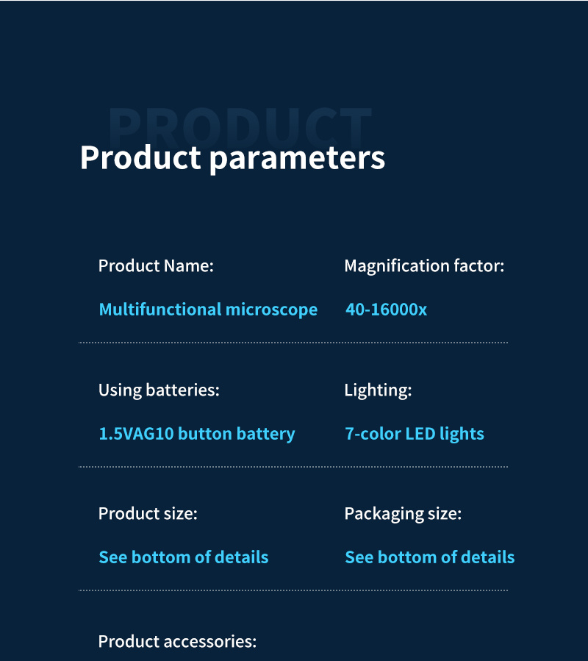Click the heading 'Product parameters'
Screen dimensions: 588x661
pyautogui.click(x=232, y=159)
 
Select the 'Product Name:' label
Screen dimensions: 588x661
pyautogui.click(x=156, y=266)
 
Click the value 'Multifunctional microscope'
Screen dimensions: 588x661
pyautogui.click(x=208, y=310)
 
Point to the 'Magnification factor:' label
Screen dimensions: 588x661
pyautogui.click(x=424, y=266)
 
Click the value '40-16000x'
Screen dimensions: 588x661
pyautogui.click(x=386, y=310)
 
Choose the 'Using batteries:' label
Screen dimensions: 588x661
pyautogui.click(x=159, y=390)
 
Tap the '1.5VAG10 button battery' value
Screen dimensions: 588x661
pyautogui.click(x=197, y=434)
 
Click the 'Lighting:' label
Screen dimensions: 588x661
pyautogui.click(x=378, y=390)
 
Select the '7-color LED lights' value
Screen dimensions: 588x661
pyautogui.click(x=415, y=434)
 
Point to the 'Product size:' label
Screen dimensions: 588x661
pyautogui.click(x=148, y=514)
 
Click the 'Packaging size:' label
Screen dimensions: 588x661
pyautogui.click(x=403, y=514)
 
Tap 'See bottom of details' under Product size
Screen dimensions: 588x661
pyautogui.click(x=183, y=557)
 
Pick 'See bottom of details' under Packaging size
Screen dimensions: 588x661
pyautogui.click(x=429, y=557)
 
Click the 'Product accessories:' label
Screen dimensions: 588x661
pyautogui.click(x=177, y=642)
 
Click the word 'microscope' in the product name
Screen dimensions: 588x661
pyautogui.click(x=271, y=310)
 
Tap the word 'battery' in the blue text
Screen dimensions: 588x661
pyautogui.click(x=265, y=435)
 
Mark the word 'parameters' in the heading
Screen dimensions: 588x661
pyautogui.click(x=297, y=160)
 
